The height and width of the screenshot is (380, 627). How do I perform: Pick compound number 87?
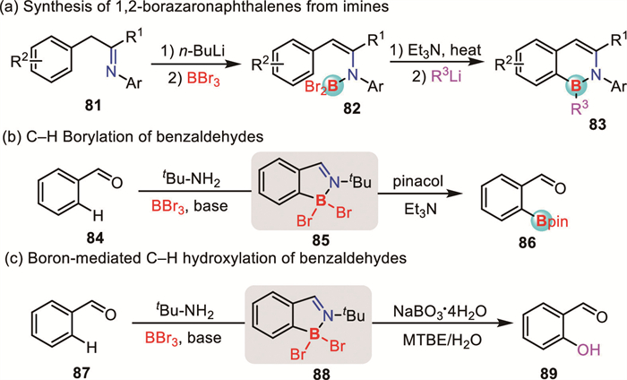click(51, 367)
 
